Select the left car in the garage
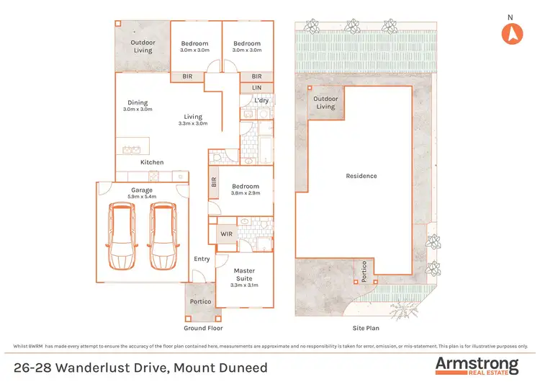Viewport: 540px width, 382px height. tap(121, 234)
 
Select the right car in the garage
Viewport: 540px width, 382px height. tap(163, 234)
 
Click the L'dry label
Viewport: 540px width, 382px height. tap(261, 100)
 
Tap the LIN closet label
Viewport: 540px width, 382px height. tap(257, 87)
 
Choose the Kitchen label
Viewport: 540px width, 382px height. tap(152, 162)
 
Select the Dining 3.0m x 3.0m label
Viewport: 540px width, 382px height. tap(137, 106)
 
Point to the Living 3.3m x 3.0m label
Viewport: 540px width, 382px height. tap(192, 120)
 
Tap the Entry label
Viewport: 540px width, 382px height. tap(202, 259)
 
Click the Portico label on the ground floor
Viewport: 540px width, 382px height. tap(200, 301)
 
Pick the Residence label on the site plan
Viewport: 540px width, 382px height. tap(361, 176)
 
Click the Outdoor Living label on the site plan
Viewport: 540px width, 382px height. tap(326, 103)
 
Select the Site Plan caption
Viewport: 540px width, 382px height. tap(366, 327)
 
